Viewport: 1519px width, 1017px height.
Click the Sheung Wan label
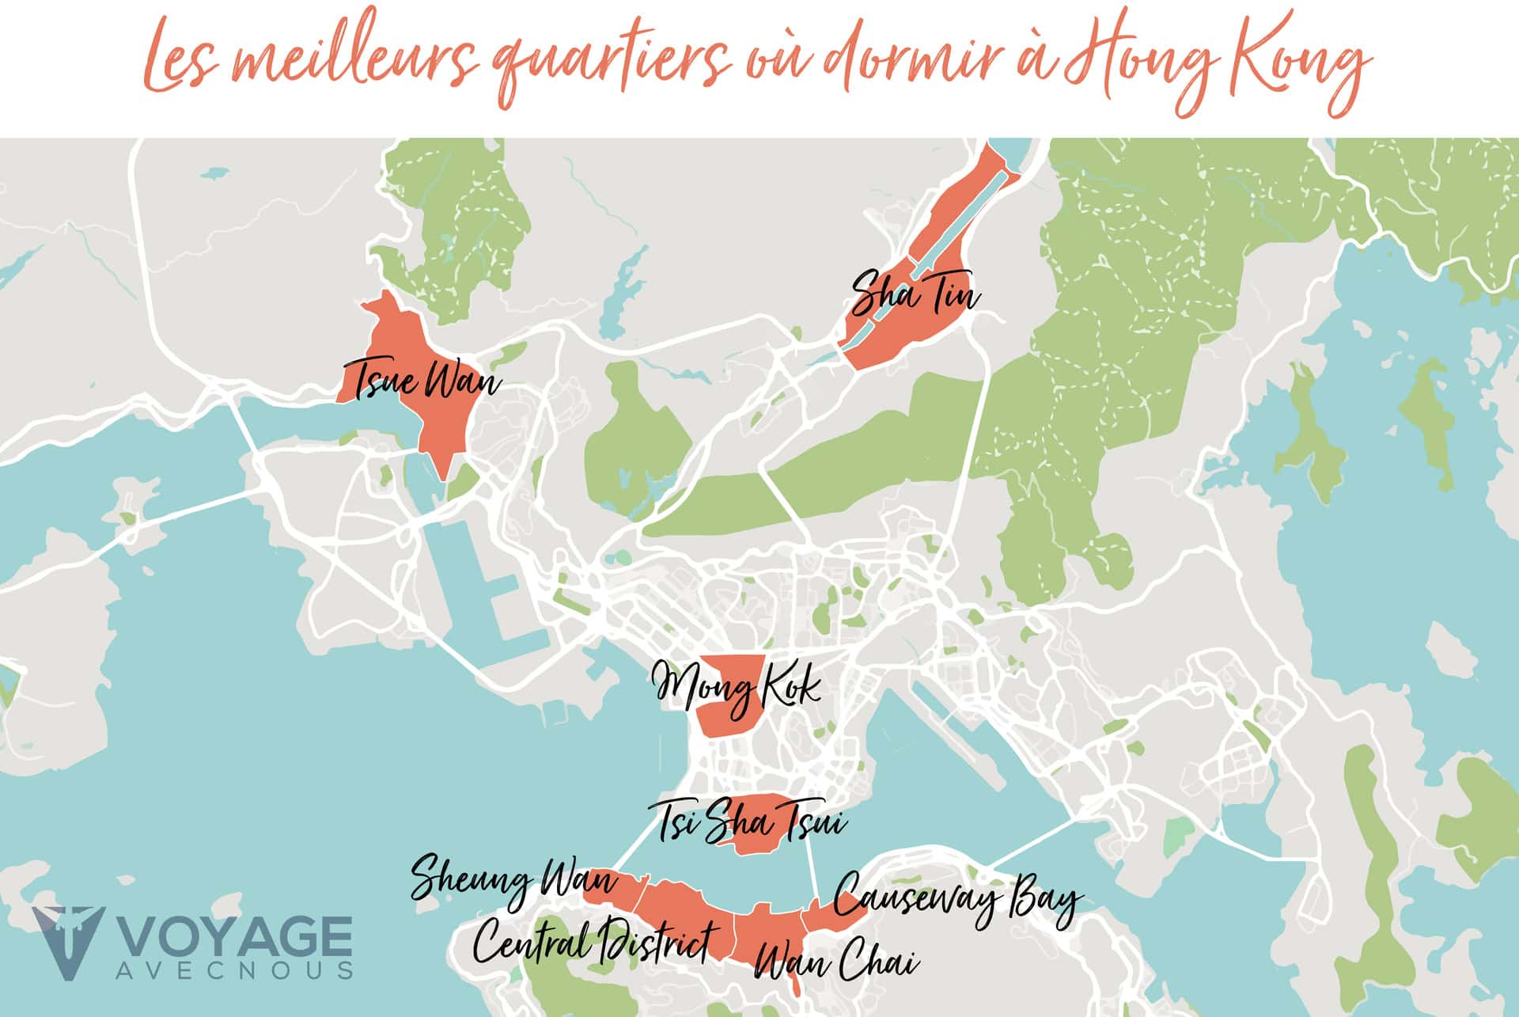513,885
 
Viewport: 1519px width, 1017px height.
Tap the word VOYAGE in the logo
234,939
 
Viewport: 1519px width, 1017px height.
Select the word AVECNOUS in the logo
234,971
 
